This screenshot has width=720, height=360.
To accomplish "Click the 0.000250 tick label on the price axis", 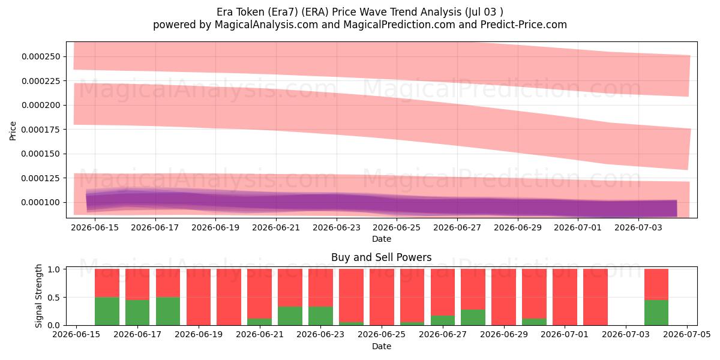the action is (x=41, y=56).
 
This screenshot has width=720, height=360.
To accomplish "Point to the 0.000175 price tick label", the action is (x=41, y=130).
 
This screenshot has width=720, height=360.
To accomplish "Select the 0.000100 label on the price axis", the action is (x=41, y=203).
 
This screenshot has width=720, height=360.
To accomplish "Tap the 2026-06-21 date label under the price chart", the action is (x=276, y=227).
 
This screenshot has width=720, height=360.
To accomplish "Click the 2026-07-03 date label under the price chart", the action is (x=638, y=227).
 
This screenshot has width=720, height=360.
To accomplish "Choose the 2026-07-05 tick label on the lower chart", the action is (x=687, y=335).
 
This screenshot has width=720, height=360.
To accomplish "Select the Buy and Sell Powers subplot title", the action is (x=382, y=257).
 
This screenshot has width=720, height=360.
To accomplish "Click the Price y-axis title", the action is (x=13, y=131).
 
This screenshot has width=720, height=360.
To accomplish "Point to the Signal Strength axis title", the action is (x=38, y=296).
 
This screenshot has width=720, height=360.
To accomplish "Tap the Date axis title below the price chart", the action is (x=382, y=239).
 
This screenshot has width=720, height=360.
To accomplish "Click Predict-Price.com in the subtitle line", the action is (x=524, y=25).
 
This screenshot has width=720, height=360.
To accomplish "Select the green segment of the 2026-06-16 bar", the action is (x=107, y=311).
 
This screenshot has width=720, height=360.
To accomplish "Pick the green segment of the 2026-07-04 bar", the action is (x=656, y=313).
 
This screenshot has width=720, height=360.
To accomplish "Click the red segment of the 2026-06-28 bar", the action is (x=473, y=289).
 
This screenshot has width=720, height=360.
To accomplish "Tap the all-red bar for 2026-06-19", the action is (x=199, y=297).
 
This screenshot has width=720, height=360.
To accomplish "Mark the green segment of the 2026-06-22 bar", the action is (x=290, y=316).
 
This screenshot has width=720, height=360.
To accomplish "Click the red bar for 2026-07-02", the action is (x=595, y=297).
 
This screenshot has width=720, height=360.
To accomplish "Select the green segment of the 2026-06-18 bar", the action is (x=168, y=311).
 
